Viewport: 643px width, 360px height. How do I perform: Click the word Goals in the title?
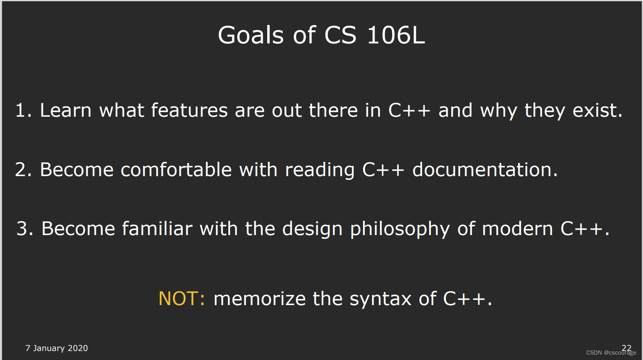click(x=250, y=35)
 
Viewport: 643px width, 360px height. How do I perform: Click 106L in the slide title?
click(x=395, y=35)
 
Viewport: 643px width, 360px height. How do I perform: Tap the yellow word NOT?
click(x=182, y=299)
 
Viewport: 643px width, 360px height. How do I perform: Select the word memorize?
click(x=259, y=299)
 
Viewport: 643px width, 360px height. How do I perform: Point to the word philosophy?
click(x=400, y=229)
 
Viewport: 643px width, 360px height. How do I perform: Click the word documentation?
click(x=484, y=170)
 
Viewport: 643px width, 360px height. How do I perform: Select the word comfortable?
click(x=176, y=170)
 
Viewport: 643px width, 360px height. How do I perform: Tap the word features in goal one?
click(x=189, y=111)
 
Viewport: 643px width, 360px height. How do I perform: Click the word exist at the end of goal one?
click(x=597, y=111)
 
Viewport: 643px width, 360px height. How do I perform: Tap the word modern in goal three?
click(x=517, y=229)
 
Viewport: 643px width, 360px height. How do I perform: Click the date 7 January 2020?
click(x=57, y=348)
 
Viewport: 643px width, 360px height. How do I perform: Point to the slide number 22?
click(x=626, y=347)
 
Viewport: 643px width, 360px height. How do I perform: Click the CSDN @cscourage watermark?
click(x=611, y=353)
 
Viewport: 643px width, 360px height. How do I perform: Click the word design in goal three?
click(x=312, y=229)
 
